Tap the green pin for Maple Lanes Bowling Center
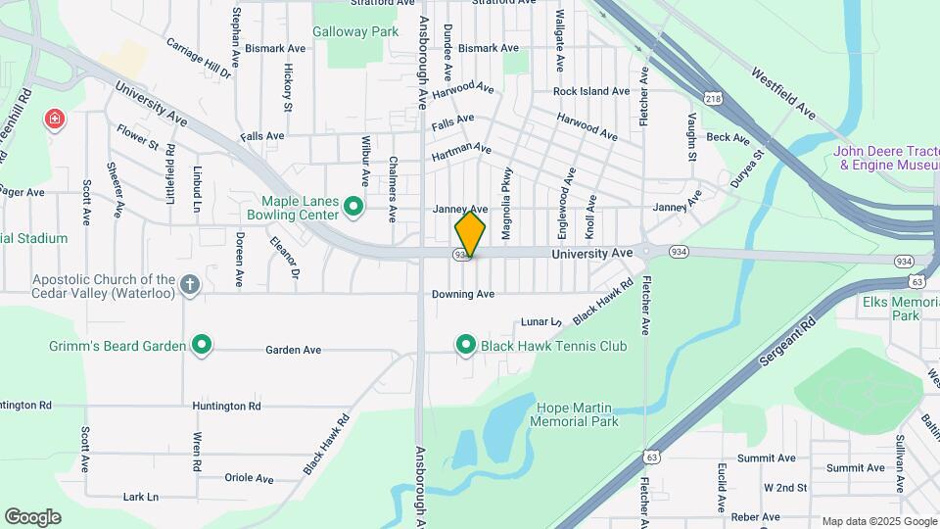point(353,207)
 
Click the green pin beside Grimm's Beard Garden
point(202,345)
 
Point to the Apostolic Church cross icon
point(190,285)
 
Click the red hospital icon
point(56,120)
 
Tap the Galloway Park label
point(355,31)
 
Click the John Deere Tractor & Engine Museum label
point(885,158)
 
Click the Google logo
point(32,517)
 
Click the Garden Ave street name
point(294,350)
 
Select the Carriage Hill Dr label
point(199,58)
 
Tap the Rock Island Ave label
point(590,91)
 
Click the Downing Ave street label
point(462,294)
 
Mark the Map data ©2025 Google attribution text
point(878,521)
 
